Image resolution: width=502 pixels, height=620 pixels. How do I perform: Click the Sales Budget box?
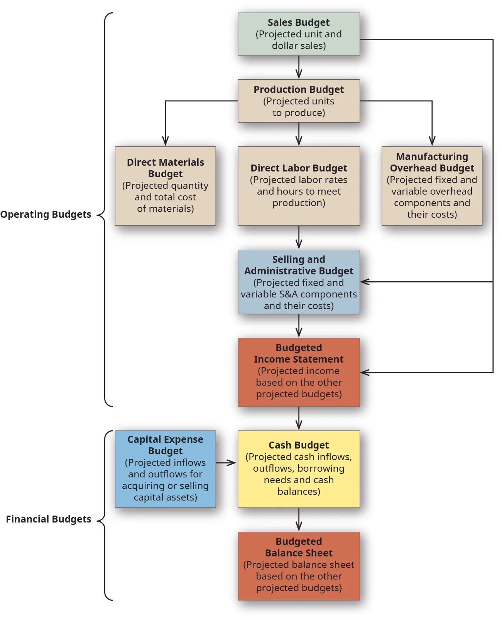pyautogui.click(x=299, y=34)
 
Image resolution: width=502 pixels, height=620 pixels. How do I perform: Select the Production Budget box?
pyautogui.click(x=299, y=101)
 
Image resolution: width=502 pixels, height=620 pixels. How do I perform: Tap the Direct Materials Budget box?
pyautogui.click(x=165, y=186)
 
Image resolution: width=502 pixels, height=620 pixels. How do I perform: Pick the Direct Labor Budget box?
pyautogui.click(x=299, y=186)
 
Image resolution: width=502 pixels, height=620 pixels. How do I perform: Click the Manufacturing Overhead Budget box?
pyautogui.click(x=432, y=186)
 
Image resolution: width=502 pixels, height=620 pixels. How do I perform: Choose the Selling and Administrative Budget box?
pyautogui.click(x=299, y=282)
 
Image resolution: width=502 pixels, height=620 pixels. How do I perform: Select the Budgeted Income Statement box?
pyautogui.click(x=299, y=372)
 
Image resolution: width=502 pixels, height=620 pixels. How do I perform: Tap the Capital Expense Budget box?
pyautogui.click(x=165, y=469)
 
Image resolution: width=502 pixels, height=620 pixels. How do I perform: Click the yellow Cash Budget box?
pyautogui.click(x=299, y=469)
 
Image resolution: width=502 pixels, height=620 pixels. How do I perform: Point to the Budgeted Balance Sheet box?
pyautogui.click(x=299, y=566)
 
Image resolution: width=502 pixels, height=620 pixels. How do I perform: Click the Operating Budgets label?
pyautogui.click(x=46, y=214)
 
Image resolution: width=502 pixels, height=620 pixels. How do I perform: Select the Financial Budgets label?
pyautogui.click(x=49, y=519)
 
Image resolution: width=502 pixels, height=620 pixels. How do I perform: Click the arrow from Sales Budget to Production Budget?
pyautogui.click(x=299, y=68)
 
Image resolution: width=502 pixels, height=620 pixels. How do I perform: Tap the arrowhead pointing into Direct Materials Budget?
pyautogui.click(x=166, y=141)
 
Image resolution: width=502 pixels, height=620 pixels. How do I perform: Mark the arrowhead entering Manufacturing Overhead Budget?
pyautogui.click(x=432, y=141)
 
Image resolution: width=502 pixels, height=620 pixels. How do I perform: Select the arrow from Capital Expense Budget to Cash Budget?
pyautogui.click(x=226, y=462)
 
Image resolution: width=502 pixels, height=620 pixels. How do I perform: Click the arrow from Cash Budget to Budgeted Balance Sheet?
pyautogui.click(x=299, y=519)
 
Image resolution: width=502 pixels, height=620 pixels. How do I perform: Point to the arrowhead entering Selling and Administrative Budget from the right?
pyautogui.click(x=365, y=282)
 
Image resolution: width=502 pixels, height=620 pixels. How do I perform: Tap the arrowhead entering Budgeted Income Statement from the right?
pyautogui.click(x=365, y=372)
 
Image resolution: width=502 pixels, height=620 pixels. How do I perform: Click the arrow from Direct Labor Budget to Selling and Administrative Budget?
pyautogui.click(x=299, y=237)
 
